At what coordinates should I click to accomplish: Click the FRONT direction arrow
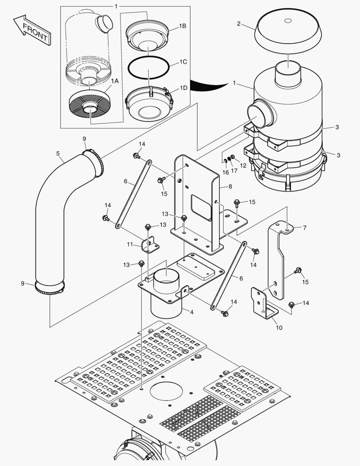pyautogui.click(x=31, y=31)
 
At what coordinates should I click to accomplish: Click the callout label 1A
pyautogui.click(x=114, y=81)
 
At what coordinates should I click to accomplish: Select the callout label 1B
pyautogui.click(x=182, y=26)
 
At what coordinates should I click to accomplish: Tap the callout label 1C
pyautogui.click(x=183, y=62)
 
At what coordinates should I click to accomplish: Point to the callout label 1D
pyautogui.click(x=183, y=88)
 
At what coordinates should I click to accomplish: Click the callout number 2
pyautogui.click(x=239, y=23)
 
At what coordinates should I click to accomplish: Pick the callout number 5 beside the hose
pyautogui.click(x=58, y=153)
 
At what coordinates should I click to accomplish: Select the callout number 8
pyautogui.click(x=230, y=186)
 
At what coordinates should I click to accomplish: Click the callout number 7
pyautogui.click(x=304, y=227)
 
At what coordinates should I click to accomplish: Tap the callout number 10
pyautogui.click(x=279, y=327)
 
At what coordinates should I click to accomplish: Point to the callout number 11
pyautogui.click(x=130, y=245)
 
